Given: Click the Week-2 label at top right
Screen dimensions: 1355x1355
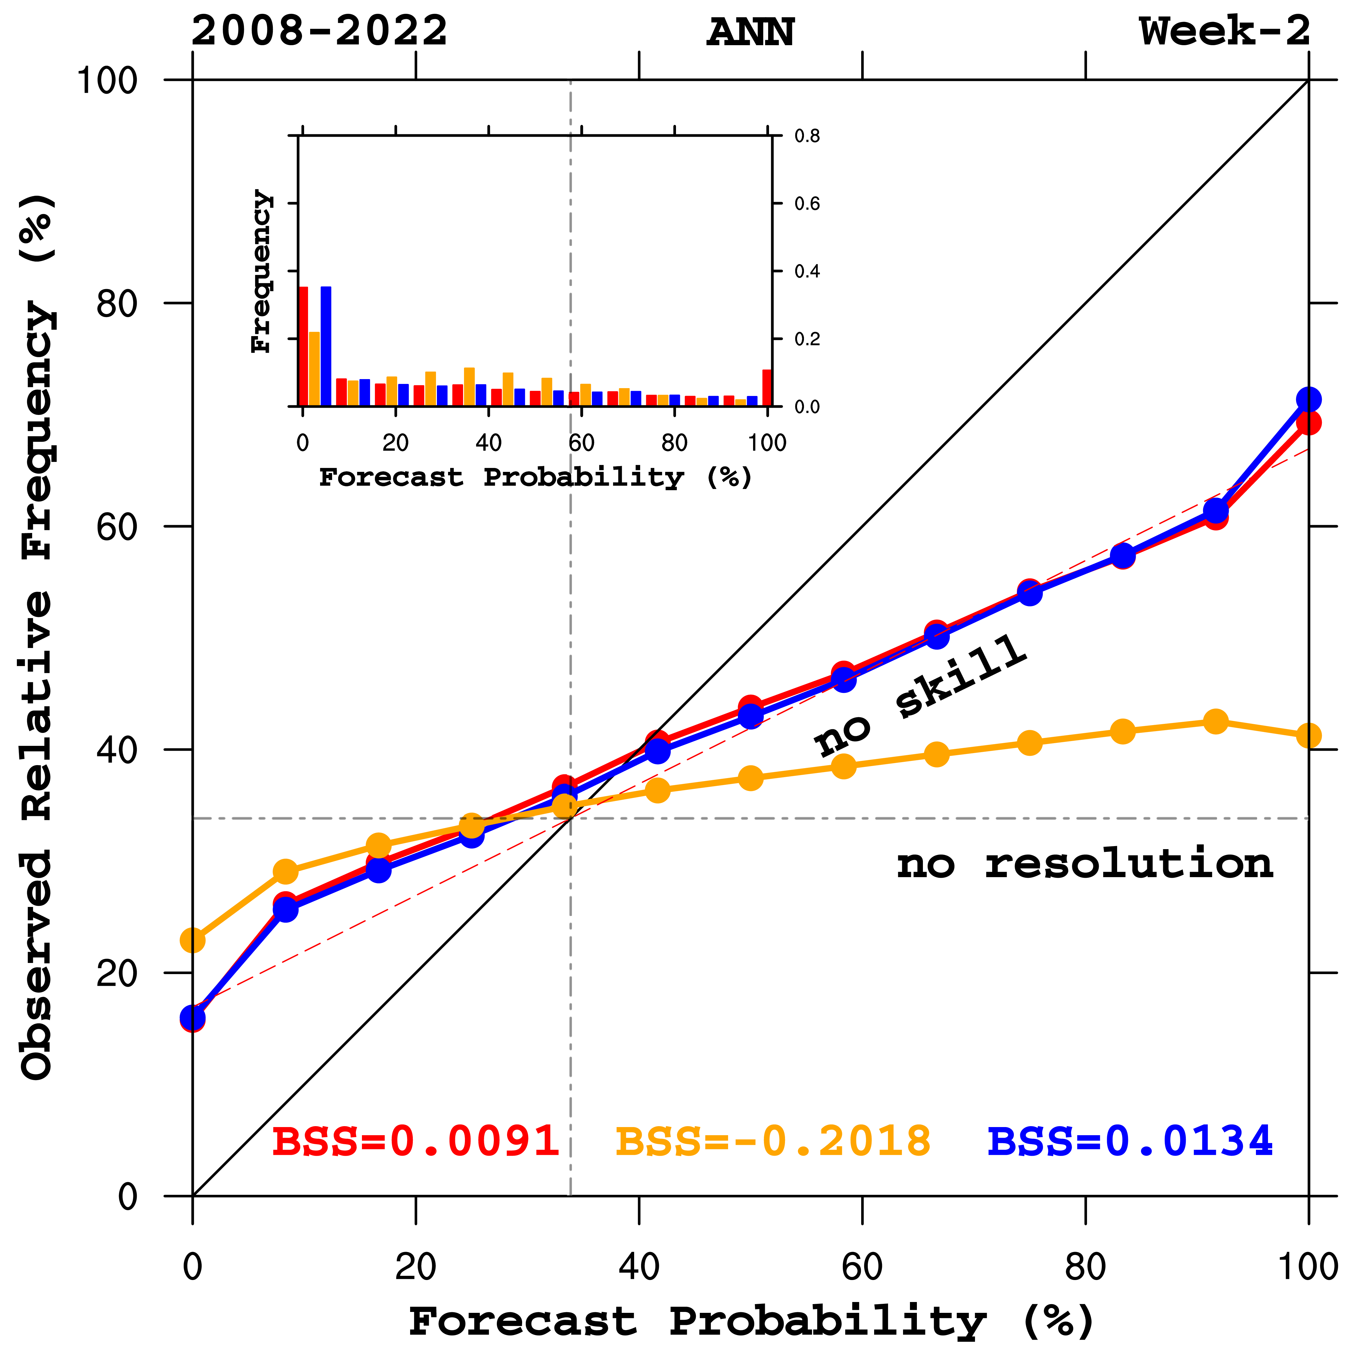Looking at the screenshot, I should click(1224, 32).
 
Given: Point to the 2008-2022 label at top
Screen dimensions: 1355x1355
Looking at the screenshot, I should click(319, 32).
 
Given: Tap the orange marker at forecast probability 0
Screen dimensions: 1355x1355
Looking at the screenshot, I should click(193, 940).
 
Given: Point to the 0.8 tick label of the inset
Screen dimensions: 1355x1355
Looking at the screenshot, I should click(807, 136).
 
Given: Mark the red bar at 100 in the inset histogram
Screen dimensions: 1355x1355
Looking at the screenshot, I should click(767, 388).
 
